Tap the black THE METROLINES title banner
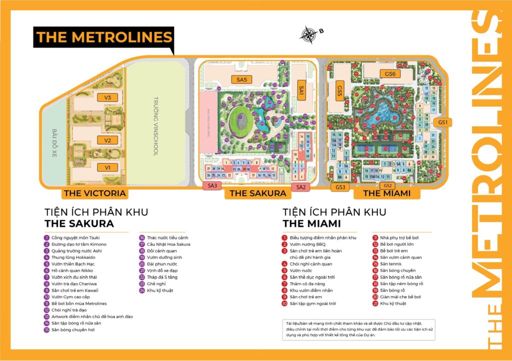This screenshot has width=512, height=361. [103, 37]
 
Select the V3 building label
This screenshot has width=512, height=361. [107, 97]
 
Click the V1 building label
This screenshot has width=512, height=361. [107, 167]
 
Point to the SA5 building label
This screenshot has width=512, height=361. [242, 79]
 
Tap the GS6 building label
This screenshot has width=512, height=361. [390, 74]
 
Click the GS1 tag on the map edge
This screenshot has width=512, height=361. [442, 122]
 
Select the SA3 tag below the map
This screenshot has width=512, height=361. [212, 186]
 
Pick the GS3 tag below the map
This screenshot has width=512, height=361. [340, 187]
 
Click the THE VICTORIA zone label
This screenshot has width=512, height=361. [94, 193]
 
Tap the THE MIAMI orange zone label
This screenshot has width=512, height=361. [386, 193]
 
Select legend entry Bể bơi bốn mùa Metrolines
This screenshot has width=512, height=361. [78, 304]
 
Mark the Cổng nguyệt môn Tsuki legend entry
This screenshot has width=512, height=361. [75, 238]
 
